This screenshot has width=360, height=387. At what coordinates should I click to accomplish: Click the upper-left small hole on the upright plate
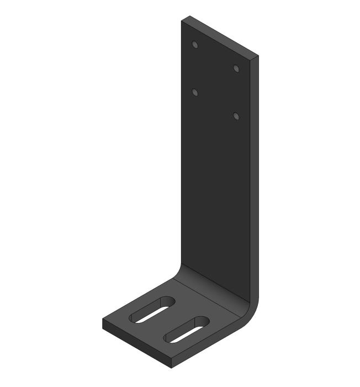194,44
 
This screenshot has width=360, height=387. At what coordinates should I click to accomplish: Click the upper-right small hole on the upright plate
236,69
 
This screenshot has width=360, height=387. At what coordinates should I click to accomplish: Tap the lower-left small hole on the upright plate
194,92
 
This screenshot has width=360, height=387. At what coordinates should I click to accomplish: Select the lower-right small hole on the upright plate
236,116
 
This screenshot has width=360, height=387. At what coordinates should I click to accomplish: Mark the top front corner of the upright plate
257,56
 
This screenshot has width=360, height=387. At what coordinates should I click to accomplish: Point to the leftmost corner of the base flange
103,321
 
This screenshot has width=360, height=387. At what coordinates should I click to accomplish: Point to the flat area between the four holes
215,81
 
